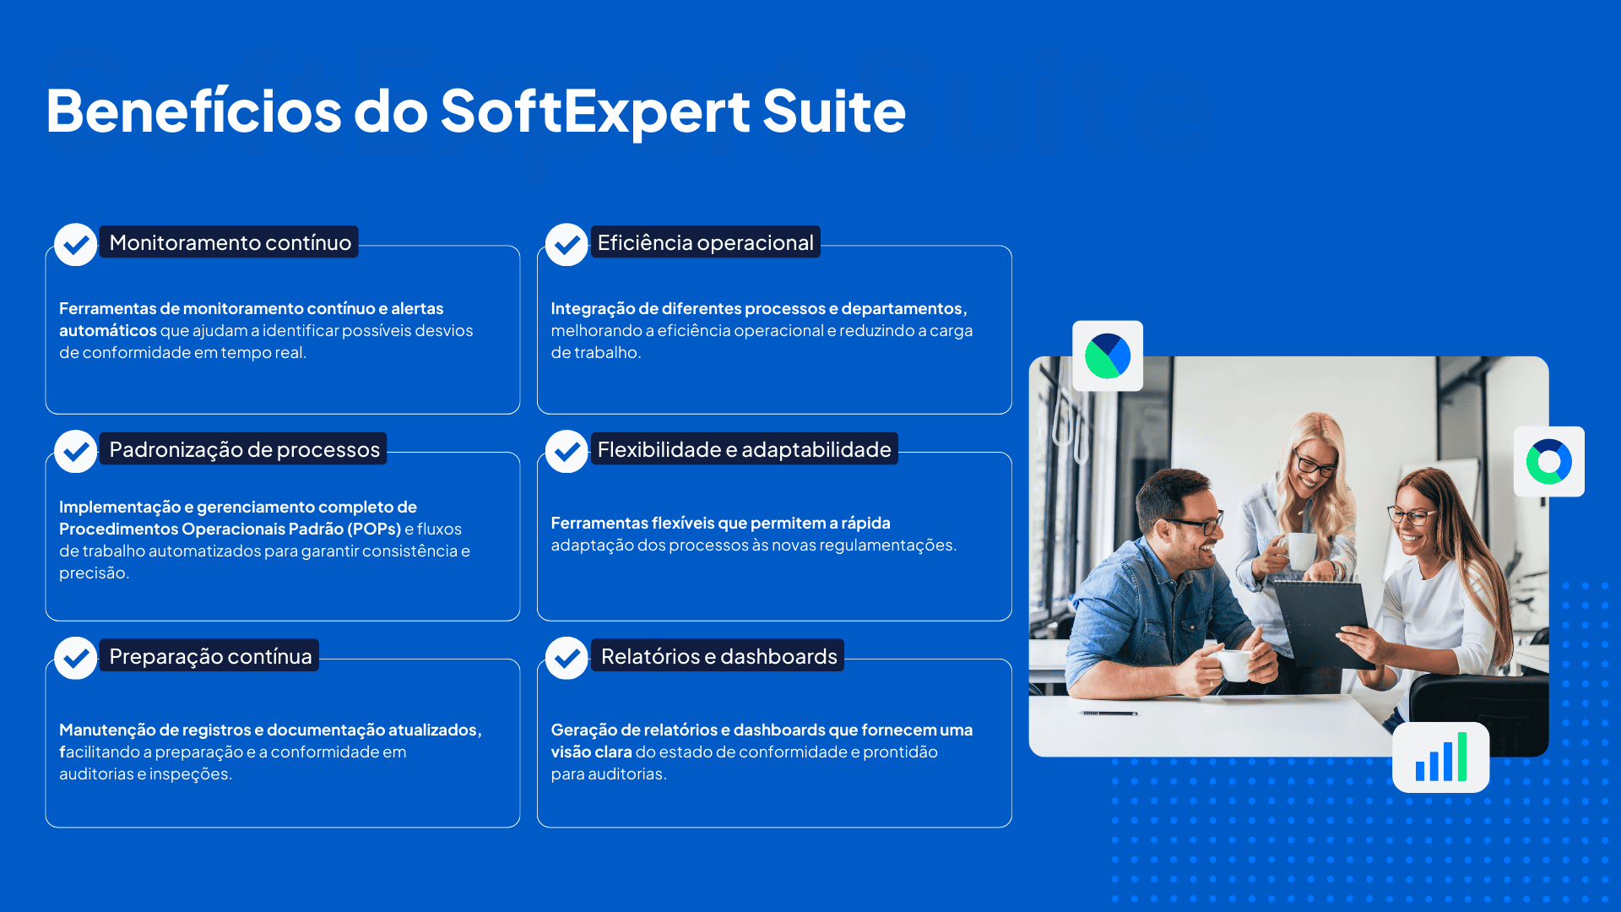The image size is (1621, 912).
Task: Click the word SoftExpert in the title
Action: coord(595,111)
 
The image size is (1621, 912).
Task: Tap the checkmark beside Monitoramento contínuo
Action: coord(76,245)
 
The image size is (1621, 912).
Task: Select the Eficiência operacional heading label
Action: coord(705,242)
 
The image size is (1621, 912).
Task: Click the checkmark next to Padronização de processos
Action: coord(76,452)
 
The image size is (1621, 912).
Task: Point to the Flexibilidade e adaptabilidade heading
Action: coord(744,449)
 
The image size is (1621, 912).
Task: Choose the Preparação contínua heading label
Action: coord(209,656)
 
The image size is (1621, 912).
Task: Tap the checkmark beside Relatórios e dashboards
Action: coord(567,658)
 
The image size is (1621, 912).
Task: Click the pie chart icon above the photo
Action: coord(1108,356)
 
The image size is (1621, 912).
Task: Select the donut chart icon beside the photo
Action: coord(1549,462)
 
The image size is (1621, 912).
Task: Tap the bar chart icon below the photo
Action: coord(1441,757)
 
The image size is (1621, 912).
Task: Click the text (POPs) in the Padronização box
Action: coord(374,529)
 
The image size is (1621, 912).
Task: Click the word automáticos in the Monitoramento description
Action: coord(108,331)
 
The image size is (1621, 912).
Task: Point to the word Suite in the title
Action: coord(834,111)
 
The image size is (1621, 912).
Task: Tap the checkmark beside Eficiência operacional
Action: coord(567,245)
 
